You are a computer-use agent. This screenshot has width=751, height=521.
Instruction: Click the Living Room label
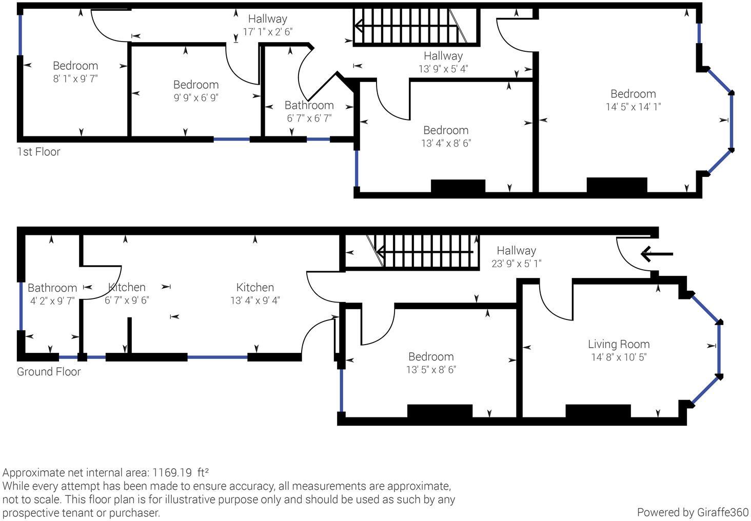coord(619,344)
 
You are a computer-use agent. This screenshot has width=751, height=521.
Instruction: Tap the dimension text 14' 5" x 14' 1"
coord(633,107)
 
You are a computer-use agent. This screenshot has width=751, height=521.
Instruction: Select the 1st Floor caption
coord(38,152)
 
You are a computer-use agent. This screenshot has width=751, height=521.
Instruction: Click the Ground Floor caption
coord(49,372)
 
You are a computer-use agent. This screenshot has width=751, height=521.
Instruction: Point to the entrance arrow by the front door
coord(657,254)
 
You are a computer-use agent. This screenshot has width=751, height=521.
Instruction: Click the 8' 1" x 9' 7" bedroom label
coord(75,79)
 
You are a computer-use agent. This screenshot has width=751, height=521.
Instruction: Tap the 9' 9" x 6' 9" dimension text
coord(196,98)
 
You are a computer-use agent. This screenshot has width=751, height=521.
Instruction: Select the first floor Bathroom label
coord(309,105)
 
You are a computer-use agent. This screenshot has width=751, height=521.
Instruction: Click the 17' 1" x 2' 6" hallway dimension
coord(268,32)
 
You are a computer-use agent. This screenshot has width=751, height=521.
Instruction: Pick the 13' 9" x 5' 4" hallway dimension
coord(443,69)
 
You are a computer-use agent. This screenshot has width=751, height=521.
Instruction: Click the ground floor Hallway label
coord(516,251)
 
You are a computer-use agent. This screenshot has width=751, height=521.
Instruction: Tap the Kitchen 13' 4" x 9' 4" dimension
coord(255,300)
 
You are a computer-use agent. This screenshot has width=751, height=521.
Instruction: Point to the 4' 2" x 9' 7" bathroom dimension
coord(52,301)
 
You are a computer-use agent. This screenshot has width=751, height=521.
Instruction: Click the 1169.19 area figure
coord(172,472)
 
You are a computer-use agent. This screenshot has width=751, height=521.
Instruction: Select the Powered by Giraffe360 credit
coord(693,512)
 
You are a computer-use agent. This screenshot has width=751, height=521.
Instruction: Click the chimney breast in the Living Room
coord(598,411)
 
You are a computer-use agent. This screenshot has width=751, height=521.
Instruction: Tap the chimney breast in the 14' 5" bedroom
coord(617,185)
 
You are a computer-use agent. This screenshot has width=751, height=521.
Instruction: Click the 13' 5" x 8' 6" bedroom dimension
coord(431,370)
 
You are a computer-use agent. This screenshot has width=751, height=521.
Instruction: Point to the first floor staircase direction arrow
coord(406,25)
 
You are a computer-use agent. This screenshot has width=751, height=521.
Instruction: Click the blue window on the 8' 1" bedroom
coord(21,35)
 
